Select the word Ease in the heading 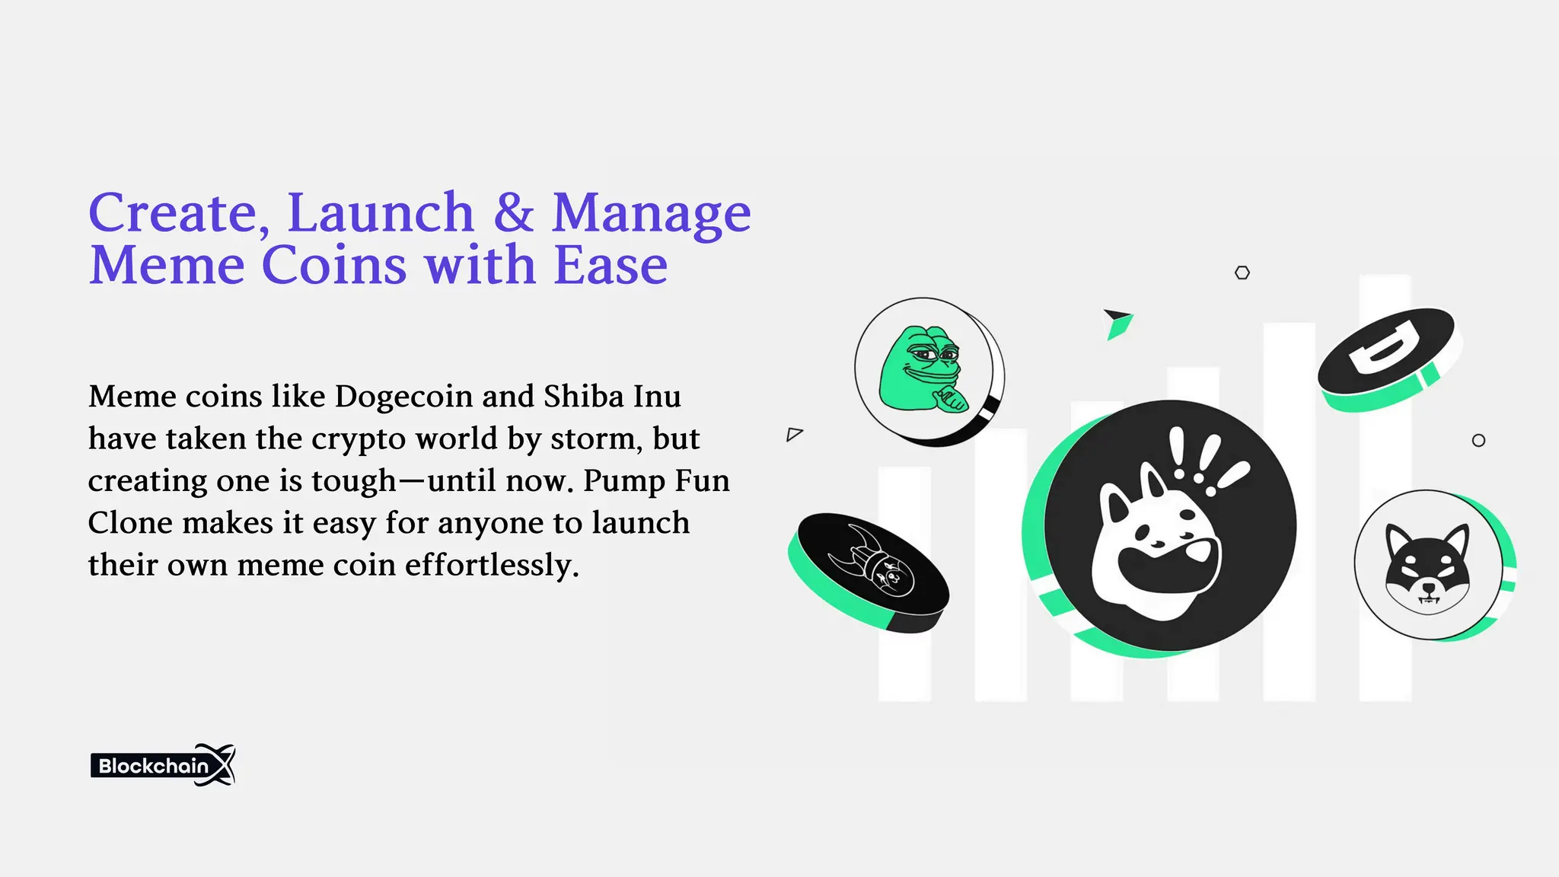pyautogui.click(x=611, y=266)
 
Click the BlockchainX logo pyautogui.click(x=163, y=765)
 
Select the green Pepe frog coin pyautogui.click(x=926, y=370)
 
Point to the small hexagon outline pyautogui.click(x=1242, y=273)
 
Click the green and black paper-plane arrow pyautogui.click(x=1118, y=323)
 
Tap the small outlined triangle pyautogui.click(x=794, y=435)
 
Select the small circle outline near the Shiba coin pyautogui.click(x=1478, y=441)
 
